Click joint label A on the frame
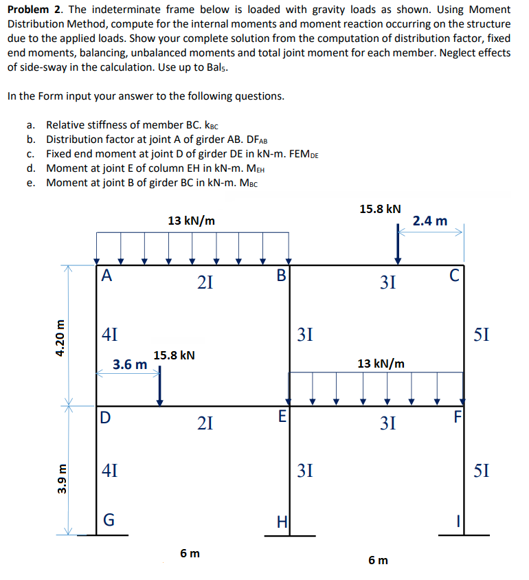[x=105, y=276]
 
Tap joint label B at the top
[x=280, y=276]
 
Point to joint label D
[x=104, y=417]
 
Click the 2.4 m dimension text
[x=431, y=221]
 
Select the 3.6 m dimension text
[x=130, y=364]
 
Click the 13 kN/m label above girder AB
[x=191, y=221]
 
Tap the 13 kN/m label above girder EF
[x=381, y=362]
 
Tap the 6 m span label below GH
[x=190, y=553]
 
